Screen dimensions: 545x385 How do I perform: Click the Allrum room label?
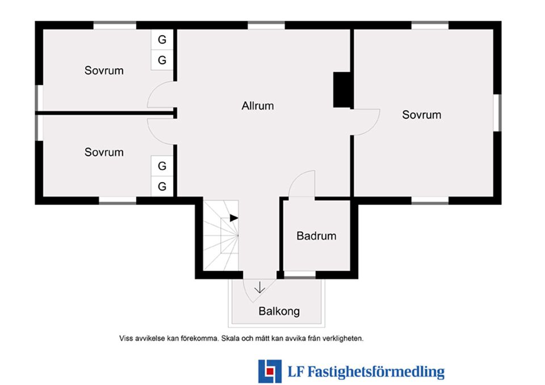(258, 106)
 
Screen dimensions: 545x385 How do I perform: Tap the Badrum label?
(316, 236)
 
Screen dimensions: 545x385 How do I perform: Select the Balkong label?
(279, 311)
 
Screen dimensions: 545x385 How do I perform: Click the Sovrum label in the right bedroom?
(422, 115)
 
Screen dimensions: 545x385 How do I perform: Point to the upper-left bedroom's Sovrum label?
(104, 70)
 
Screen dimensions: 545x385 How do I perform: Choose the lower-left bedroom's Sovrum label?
(104, 152)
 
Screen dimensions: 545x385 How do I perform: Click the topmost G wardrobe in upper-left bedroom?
(162, 40)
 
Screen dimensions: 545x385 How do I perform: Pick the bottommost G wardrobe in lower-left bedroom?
(162, 186)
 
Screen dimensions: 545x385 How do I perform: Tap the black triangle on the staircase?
(233, 218)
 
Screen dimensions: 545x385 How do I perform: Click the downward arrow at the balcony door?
(259, 287)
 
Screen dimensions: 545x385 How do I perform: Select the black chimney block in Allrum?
(342, 90)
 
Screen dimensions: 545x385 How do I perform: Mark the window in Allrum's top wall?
(266, 26)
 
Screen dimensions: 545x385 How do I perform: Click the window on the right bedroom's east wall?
(497, 112)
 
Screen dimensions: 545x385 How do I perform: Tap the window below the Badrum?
(300, 275)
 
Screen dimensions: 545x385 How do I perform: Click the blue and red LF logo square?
(270, 371)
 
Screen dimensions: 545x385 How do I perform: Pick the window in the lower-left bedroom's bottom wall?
(118, 200)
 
